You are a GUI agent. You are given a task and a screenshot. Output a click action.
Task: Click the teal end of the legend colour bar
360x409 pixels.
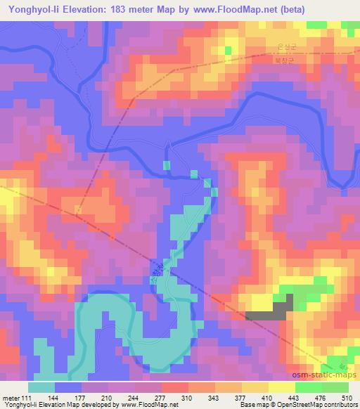42,387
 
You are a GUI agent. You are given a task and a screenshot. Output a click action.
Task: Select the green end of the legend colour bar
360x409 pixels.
335,387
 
